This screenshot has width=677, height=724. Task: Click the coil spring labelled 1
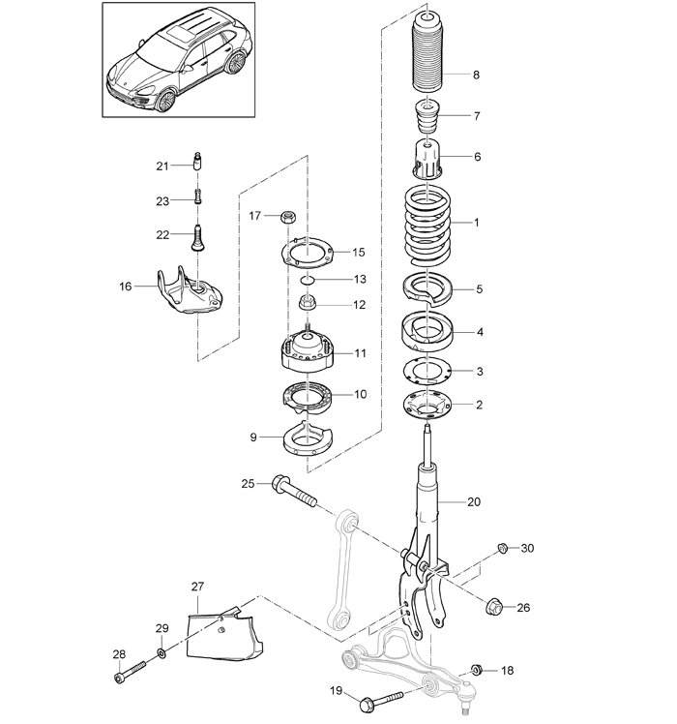click(x=427, y=226)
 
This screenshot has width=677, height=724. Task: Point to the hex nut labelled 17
click(x=287, y=216)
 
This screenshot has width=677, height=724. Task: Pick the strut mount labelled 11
click(x=307, y=350)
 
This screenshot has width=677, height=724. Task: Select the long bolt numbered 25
click(x=294, y=492)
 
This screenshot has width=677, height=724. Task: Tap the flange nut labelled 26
click(x=494, y=606)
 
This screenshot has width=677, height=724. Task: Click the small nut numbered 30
click(x=503, y=548)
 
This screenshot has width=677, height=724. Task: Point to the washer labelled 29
click(x=162, y=653)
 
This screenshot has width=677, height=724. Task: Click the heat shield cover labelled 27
click(x=224, y=632)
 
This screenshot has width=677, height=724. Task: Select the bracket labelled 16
click(x=187, y=290)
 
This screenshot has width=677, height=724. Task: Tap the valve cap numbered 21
click(x=198, y=161)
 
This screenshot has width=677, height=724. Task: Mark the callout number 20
click(x=474, y=502)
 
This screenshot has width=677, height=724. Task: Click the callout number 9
click(x=252, y=437)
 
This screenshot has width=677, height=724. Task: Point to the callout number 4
click(x=480, y=332)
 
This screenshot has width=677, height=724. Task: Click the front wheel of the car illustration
click(x=166, y=101)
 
